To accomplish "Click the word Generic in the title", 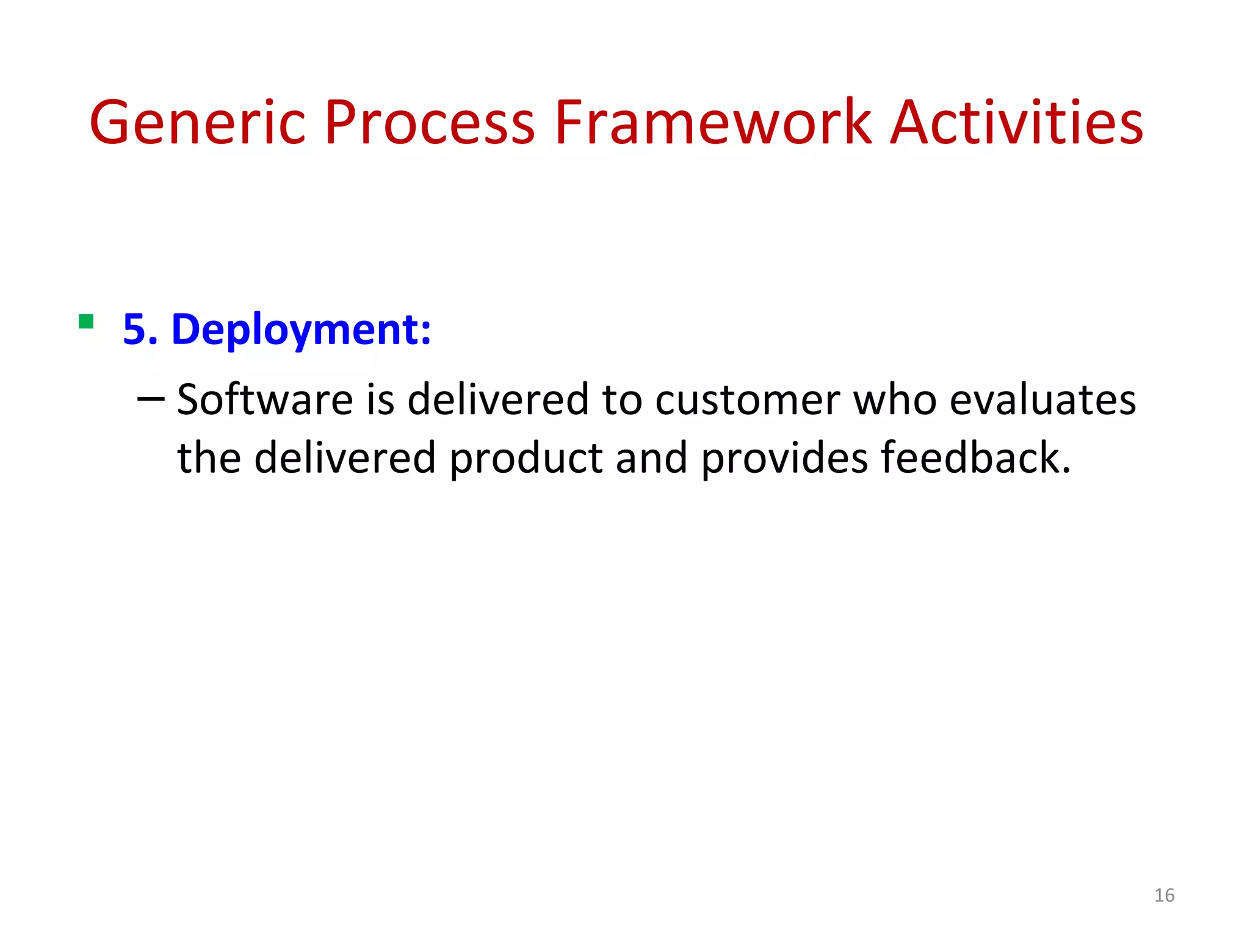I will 197,124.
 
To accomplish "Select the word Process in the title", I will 430,124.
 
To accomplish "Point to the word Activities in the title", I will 1016,124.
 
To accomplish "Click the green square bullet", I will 86,321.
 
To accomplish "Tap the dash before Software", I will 151,400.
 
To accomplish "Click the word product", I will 526,459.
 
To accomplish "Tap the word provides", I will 784,459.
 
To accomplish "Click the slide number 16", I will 1164,895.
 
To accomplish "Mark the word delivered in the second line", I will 344,458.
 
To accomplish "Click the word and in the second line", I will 651,458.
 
